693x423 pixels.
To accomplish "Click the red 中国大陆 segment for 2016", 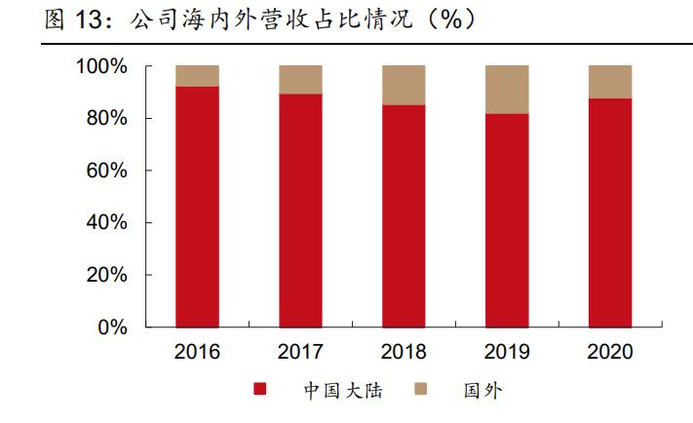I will coord(197,207).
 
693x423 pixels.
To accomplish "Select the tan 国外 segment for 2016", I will coord(197,76).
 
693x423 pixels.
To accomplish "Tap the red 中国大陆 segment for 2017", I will coord(300,211).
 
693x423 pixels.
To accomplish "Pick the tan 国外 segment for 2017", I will coord(300,80).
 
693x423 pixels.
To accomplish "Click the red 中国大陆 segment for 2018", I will coord(404,215).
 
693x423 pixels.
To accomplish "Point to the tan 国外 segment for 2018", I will coord(404,85).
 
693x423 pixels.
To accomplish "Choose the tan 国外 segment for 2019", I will coord(507,90).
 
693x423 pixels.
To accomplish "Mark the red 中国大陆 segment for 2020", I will coord(610,212).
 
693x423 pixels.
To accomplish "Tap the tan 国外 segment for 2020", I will coord(610,82).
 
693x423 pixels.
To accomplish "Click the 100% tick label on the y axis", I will coord(100,66).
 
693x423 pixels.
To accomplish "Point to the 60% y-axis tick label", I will coord(106,171).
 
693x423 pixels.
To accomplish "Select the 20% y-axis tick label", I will coord(106,275).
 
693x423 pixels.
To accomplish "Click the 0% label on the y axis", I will coord(111,327).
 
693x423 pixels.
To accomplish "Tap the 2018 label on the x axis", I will coord(404,352).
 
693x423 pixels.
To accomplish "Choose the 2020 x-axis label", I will coord(610,352).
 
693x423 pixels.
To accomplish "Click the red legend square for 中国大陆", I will coord(260,391).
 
